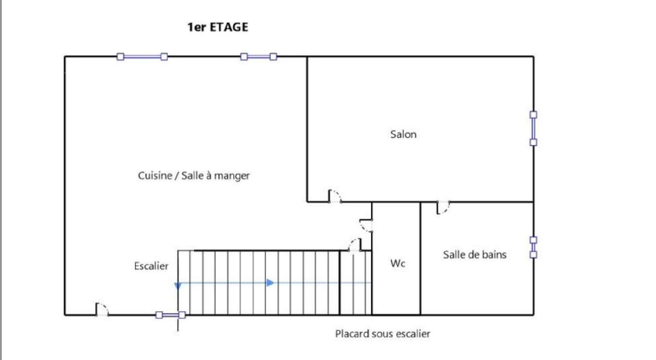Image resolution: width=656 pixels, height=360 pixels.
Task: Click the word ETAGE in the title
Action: tap(229, 27)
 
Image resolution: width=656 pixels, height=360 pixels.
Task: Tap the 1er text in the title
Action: tap(197, 27)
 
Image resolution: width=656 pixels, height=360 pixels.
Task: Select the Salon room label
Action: tap(403, 134)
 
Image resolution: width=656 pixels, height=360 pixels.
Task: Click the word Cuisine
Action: tap(155, 175)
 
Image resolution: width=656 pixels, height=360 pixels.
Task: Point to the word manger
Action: tap(232, 176)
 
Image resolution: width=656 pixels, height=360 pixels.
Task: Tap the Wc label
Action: tap(398, 263)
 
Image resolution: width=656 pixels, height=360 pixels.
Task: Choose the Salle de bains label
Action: tap(475, 255)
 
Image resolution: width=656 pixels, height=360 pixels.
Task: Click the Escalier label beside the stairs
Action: tap(151, 266)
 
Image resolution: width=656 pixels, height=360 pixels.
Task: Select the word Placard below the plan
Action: tap(352, 334)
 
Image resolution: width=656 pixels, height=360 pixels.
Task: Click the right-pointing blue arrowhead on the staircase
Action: tap(270, 283)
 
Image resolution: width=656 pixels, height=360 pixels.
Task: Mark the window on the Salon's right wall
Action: tap(533, 129)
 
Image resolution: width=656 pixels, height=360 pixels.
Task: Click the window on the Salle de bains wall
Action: tap(533, 248)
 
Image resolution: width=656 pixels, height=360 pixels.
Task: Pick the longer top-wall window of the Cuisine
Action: tap(142, 56)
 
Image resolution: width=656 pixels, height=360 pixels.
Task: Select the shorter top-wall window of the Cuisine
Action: tap(258, 56)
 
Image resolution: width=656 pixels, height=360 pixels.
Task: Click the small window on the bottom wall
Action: tap(171, 315)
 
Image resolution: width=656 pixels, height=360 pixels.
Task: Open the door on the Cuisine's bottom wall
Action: tap(102, 309)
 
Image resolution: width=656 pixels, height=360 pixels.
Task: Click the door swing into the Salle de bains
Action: tap(443, 208)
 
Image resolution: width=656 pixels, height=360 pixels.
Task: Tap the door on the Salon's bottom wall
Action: tap(335, 196)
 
